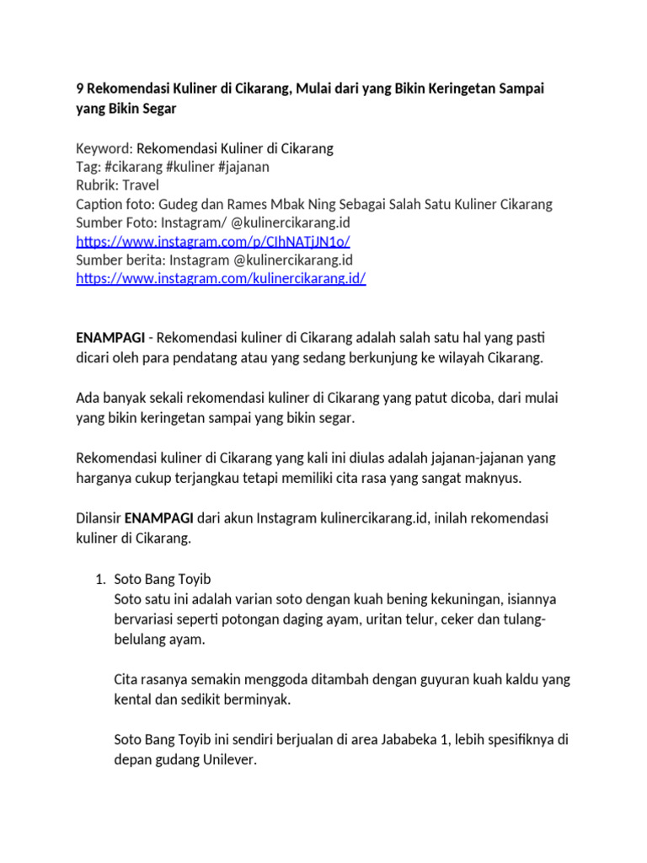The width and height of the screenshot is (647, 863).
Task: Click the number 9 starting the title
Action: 80,88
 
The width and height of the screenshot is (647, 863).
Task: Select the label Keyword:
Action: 104,148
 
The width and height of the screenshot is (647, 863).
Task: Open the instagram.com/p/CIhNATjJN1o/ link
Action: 213,241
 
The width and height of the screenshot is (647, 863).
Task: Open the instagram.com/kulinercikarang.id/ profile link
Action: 221,278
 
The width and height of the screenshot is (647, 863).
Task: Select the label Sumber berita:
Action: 120,260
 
